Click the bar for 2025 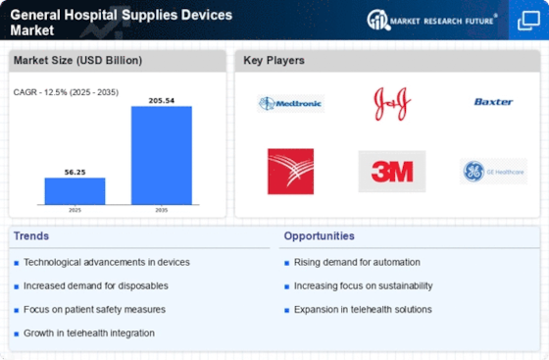tap(75, 190)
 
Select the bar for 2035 tap(161, 155)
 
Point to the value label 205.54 tap(161, 99)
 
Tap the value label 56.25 tap(75, 171)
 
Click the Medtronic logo tap(290, 103)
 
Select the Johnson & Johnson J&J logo tap(391, 103)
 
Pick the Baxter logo tap(493, 102)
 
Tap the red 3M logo tap(391, 172)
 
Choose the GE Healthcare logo tap(493, 172)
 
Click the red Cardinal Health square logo tap(290, 172)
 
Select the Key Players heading tap(274, 61)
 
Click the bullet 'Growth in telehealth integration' tap(90, 333)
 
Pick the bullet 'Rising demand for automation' tap(357, 262)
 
